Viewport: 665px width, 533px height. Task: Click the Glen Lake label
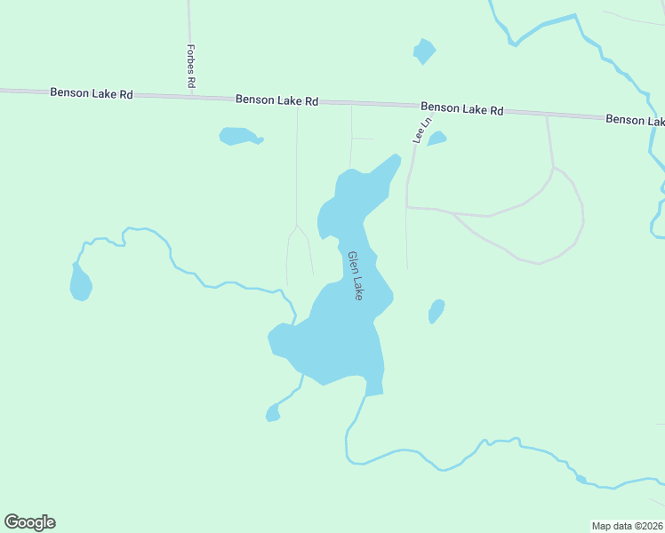(x=355, y=274)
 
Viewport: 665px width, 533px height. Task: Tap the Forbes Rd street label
(x=191, y=66)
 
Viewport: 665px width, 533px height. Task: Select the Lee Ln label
(x=421, y=130)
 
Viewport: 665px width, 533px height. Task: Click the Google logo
(x=29, y=522)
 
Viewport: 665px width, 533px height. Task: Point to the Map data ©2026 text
(x=628, y=525)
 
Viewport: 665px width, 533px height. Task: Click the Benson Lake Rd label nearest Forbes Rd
(x=92, y=92)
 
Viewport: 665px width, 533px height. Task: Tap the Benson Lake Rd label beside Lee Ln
(x=462, y=108)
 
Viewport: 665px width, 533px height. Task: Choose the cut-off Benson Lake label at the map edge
(x=635, y=119)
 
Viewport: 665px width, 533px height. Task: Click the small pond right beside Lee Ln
(x=437, y=139)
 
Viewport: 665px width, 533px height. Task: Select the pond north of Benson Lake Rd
(x=424, y=52)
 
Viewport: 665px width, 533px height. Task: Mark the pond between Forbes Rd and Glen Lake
(x=238, y=136)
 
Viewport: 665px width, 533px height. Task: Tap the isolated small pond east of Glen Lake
(x=437, y=311)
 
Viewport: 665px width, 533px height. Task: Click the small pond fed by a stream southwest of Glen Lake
(x=273, y=413)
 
